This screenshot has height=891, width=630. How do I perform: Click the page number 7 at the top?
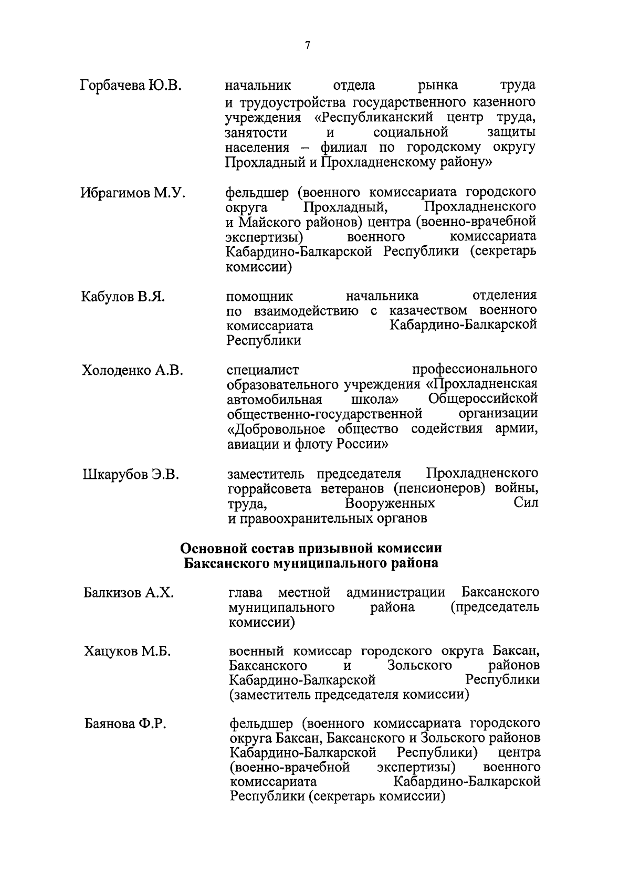pos(308,46)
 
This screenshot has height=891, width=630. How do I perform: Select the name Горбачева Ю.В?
pos(131,86)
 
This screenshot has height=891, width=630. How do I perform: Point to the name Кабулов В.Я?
pos(123,297)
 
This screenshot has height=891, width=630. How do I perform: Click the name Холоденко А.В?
pos(132,371)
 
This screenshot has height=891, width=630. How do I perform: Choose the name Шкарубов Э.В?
pos(131,475)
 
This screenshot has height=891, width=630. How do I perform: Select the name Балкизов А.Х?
pos(129,594)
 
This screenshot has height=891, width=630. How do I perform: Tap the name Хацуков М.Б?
pos(128,652)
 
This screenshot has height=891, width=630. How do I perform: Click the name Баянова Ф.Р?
pos(125,725)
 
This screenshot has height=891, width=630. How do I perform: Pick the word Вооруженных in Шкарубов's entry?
pos(390,504)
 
